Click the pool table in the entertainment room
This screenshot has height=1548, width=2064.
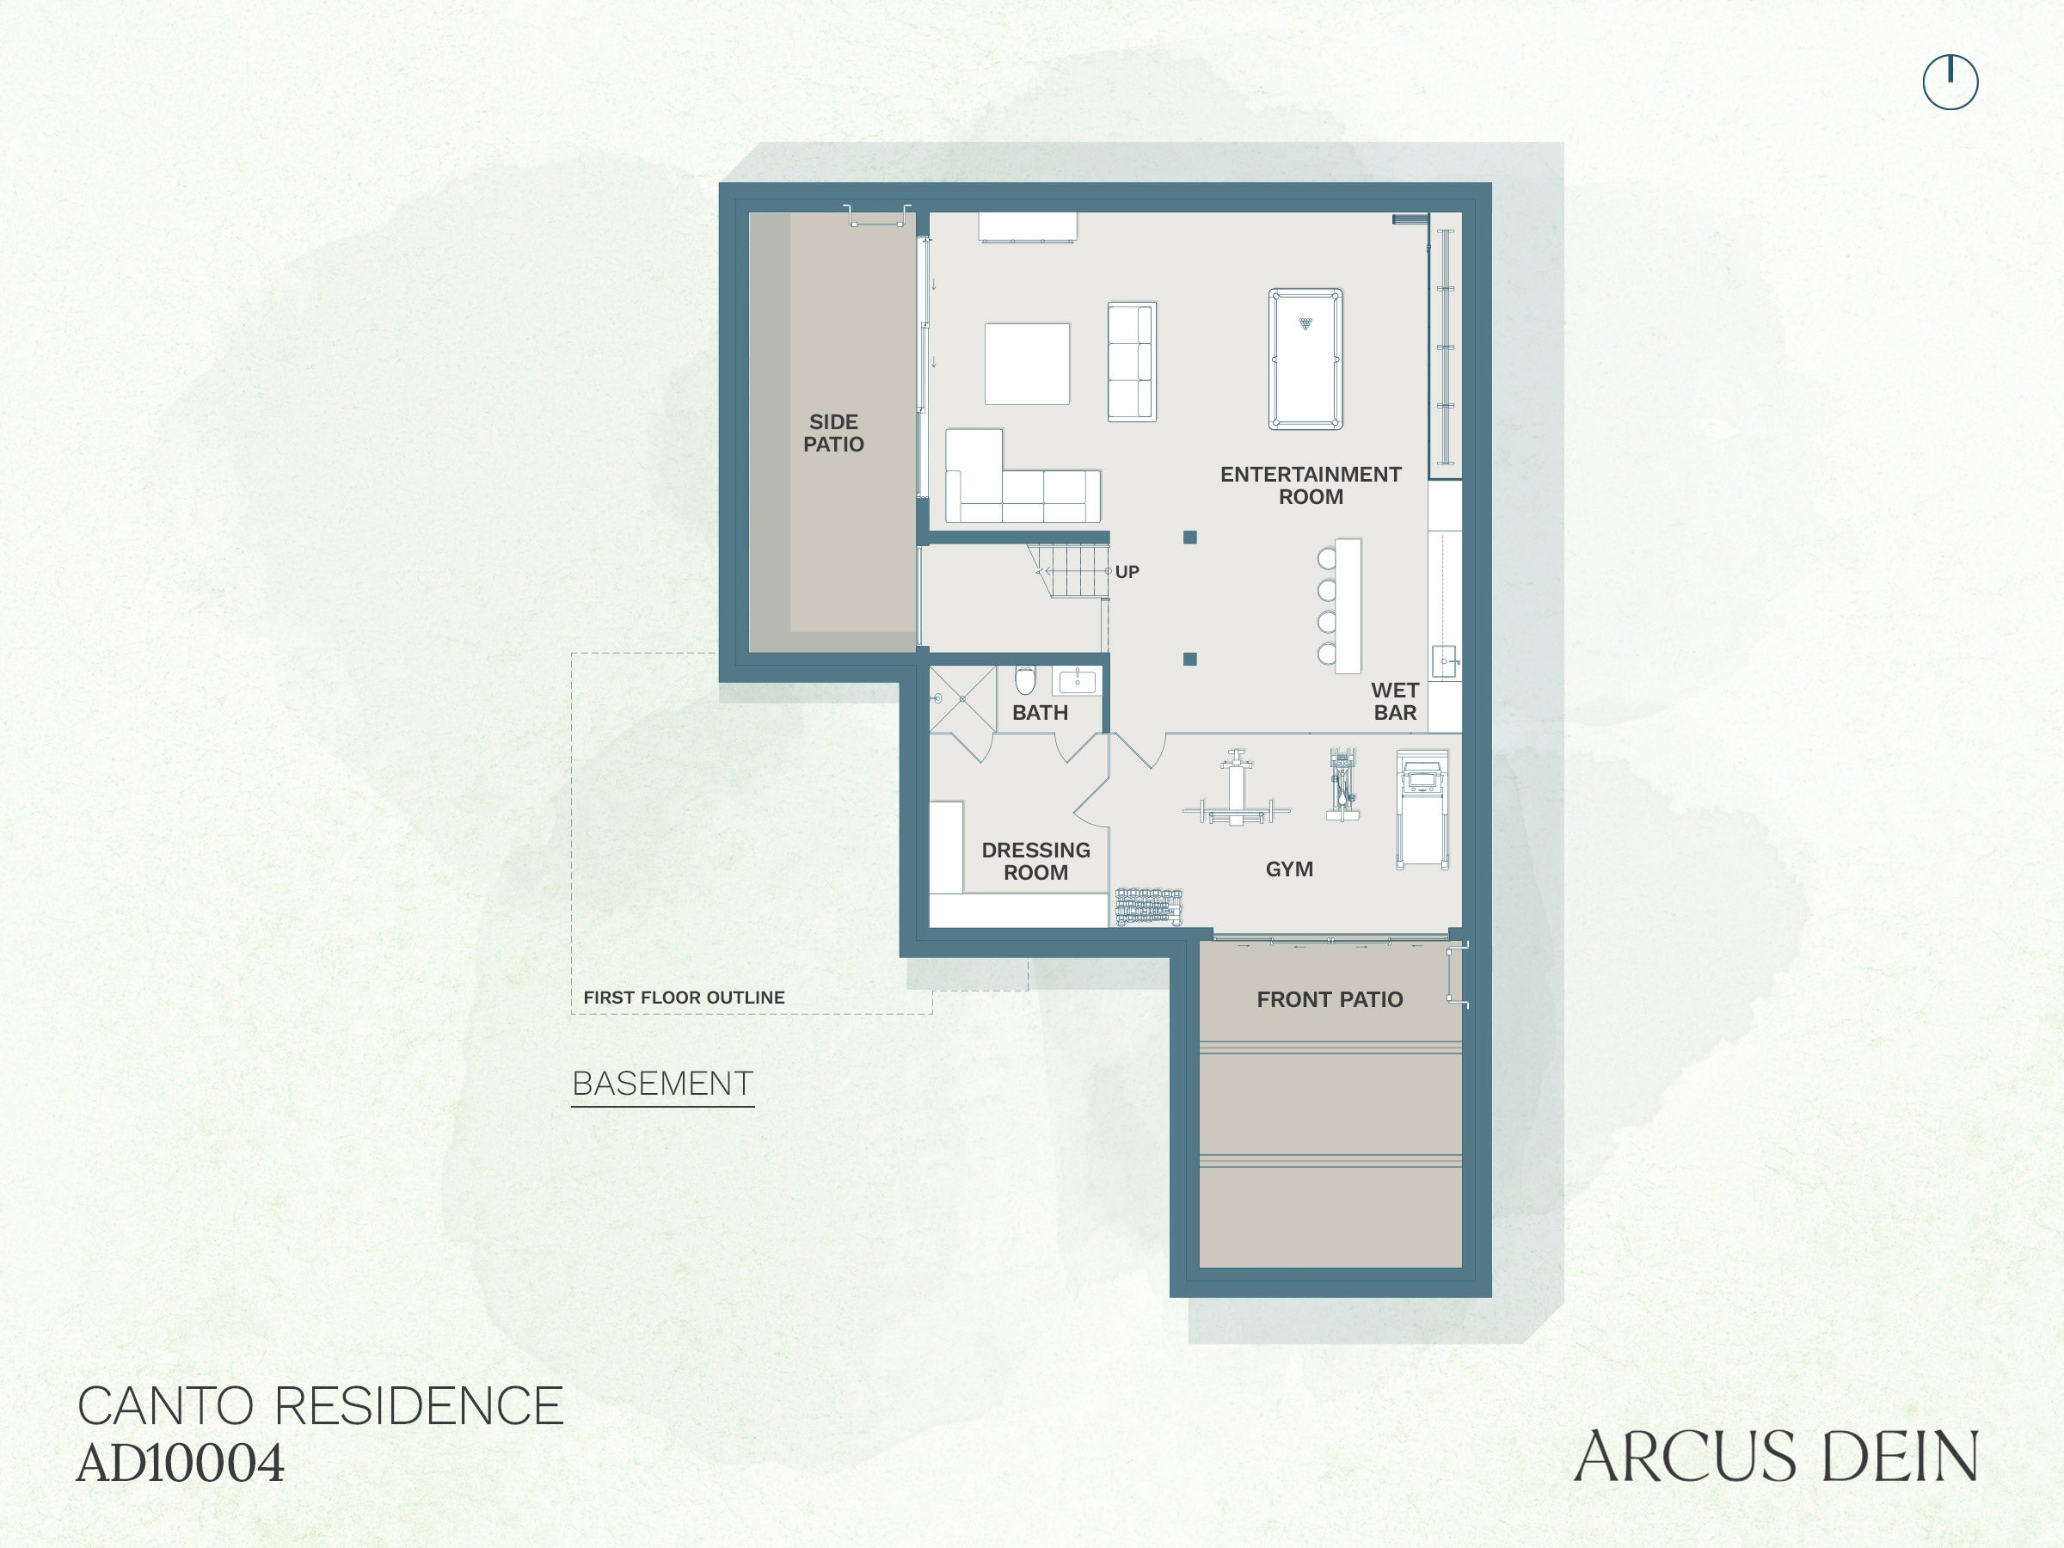pyautogui.click(x=1305, y=359)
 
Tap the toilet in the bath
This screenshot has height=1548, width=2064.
pyautogui.click(x=1024, y=680)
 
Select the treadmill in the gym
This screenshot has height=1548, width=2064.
pyautogui.click(x=1422, y=809)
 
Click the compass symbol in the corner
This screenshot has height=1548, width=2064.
pyautogui.click(x=1950, y=82)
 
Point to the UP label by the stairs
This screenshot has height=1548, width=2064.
pyautogui.click(x=1127, y=572)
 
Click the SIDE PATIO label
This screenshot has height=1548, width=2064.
pyautogui.click(x=833, y=433)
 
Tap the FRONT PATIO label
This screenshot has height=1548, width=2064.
pyautogui.click(x=1330, y=999)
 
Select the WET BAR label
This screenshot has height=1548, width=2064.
pyautogui.click(x=1395, y=702)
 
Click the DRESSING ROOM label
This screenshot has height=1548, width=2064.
pyautogui.click(x=1035, y=861)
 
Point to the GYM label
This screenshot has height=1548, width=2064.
pyautogui.click(x=1289, y=869)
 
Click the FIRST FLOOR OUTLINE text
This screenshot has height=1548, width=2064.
pyautogui.click(x=684, y=998)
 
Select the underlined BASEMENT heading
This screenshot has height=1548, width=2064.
pyautogui.click(x=662, y=1084)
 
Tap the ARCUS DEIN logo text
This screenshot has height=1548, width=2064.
pyautogui.click(x=1776, y=1457)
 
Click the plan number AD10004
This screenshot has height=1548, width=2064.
pyautogui.click(x=180, y=1463)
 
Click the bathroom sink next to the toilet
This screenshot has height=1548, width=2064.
pyautogui.click(x=1078, y=680)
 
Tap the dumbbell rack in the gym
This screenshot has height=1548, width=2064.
pyautogui.click(x=1149, y=906)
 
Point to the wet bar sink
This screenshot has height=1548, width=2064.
pyautogui.click(x=1445, y=661)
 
